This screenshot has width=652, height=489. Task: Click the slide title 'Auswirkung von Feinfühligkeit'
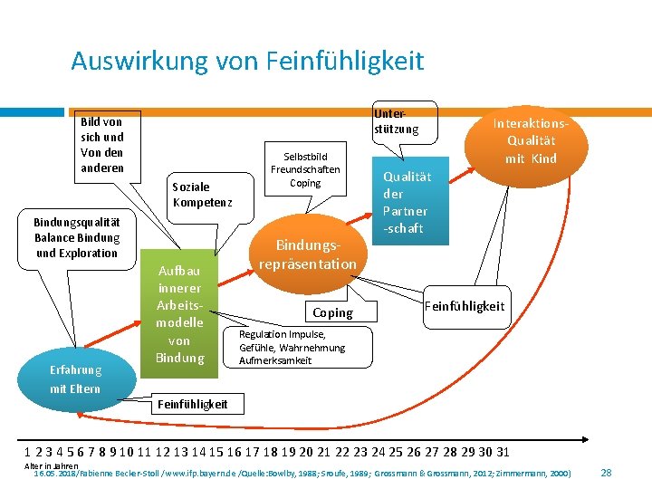tap(247, 61)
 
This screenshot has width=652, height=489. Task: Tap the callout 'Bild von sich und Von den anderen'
tap(102, 145)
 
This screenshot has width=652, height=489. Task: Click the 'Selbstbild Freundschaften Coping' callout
tap(305, 169)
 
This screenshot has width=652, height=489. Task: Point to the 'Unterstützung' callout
tap(397, 120)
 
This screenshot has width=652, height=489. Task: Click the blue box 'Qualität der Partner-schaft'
tap(407, 203)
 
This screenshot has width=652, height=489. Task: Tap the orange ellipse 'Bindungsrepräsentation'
tap(308, 254)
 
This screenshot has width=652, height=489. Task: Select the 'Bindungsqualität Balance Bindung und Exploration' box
tap(77, 237)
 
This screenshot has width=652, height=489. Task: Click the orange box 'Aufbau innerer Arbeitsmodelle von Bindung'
tap(179, 313)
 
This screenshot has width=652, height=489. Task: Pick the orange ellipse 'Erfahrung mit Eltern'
tap(76, 379)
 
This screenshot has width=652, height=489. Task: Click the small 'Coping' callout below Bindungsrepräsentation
tap(332, 312)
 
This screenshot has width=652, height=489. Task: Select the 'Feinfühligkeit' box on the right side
tap(465, 306)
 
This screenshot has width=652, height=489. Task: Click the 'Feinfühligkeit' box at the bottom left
tap(193, 404)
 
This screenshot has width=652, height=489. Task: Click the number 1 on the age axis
tap(28, 452)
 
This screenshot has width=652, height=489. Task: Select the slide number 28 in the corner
tap(607, 473)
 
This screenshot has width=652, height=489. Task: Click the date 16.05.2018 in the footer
tap(54, 474)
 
